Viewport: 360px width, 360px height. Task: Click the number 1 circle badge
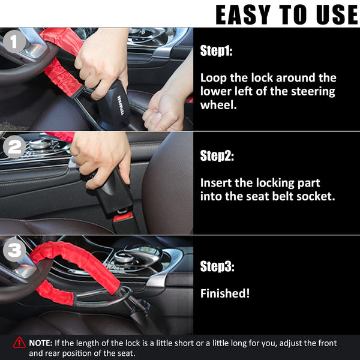15,42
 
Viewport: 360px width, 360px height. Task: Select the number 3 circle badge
15,250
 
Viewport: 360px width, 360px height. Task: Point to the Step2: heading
217,156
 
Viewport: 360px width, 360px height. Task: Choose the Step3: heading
217,267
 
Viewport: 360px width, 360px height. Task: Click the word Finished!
225,293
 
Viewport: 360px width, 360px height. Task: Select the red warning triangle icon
19,343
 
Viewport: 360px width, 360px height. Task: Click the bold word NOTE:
41,343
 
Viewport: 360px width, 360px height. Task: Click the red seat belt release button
123,217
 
